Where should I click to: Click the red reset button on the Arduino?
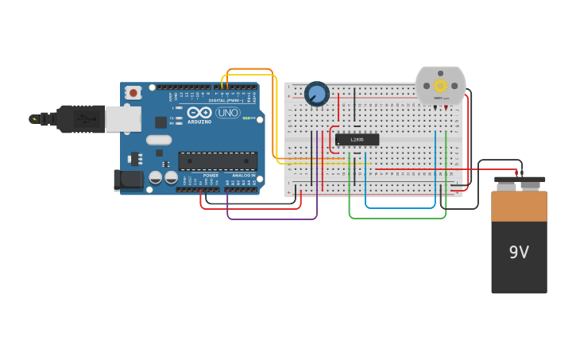133,92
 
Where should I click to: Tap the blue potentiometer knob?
317,94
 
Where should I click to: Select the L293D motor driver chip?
357,140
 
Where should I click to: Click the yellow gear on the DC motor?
440,85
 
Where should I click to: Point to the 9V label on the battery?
519,253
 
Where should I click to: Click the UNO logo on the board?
228,113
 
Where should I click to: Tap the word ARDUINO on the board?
199,122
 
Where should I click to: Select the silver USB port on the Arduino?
123,118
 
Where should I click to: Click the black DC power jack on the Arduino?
127,180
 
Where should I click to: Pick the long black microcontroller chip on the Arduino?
217,161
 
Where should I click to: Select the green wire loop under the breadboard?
397,217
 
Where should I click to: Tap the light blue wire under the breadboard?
400,207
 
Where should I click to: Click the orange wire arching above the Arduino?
249,70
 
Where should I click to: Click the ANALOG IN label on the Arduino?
243,175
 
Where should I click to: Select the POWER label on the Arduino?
210,175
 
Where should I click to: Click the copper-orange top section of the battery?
519,206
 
